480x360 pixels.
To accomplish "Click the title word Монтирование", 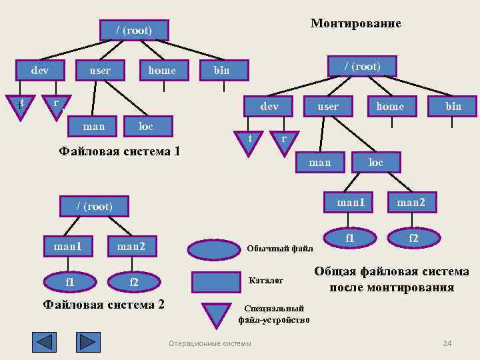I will point(356,23).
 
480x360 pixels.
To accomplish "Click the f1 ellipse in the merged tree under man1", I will point(350,237).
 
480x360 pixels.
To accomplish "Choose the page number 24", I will point(447,343).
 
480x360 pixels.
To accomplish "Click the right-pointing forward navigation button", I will point(88,342).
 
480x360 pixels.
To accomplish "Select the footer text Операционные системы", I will point(210,343).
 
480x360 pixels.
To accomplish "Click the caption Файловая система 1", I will point(119,151).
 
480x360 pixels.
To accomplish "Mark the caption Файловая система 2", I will point(103,305).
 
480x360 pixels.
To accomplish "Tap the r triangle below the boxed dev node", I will point(284,141).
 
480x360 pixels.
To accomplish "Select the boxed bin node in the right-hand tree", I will point(453,106).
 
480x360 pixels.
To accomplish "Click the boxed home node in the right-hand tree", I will point(390,106).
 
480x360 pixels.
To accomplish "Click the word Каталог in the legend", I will point(266,281).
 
